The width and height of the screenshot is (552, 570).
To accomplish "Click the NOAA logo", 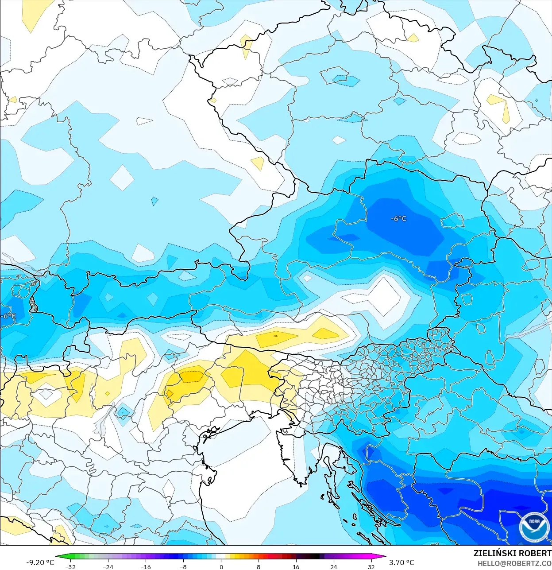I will (534, 527).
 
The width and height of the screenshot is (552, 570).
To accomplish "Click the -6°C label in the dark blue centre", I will (398, 219).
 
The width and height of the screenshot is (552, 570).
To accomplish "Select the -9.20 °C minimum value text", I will (40, 562).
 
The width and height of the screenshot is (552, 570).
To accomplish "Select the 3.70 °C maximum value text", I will (401, 562).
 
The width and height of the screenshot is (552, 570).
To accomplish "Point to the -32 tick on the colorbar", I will (70, 566).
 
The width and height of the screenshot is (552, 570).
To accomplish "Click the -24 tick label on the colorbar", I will (108, 566).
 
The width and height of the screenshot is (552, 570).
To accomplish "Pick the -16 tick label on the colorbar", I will (146, 566).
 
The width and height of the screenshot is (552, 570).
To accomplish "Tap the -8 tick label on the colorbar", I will (183, 566).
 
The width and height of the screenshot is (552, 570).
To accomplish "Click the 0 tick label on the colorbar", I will (221, 566).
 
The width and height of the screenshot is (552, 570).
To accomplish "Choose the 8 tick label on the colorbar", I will (259, 566).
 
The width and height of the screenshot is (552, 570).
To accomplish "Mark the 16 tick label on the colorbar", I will (296, 566).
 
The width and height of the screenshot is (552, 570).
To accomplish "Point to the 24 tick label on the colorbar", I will (334, 566).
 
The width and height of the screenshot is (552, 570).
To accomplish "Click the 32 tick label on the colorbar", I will (371, 566).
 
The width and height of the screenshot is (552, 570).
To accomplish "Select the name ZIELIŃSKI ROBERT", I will (512, 553).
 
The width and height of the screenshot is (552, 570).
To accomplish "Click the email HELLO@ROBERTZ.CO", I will (514, 563).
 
